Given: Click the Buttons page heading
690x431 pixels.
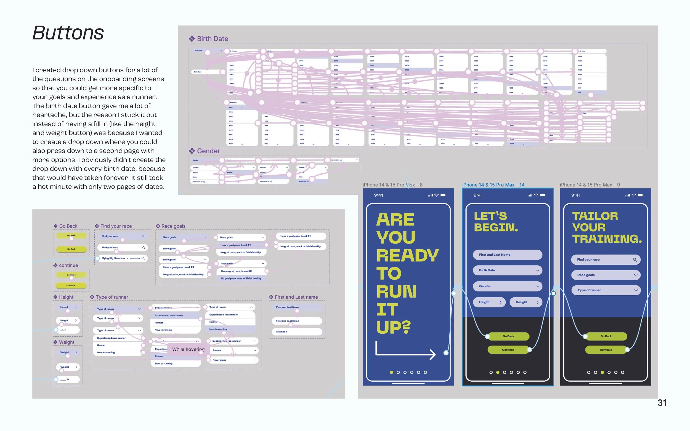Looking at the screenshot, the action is click(68, 33).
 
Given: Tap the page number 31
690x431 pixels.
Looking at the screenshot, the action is click(662, 403).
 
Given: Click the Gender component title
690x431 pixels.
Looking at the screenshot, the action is click(208, 151).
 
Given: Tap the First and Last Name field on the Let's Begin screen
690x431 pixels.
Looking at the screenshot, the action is click(507, 255).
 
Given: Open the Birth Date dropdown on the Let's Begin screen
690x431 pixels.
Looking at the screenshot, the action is click(507, 270).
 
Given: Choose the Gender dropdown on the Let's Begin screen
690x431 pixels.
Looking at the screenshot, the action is click(507, 286).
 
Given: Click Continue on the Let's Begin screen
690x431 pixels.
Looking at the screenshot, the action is click(508, 350).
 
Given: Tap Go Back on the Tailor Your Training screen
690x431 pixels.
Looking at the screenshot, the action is click(606, 336).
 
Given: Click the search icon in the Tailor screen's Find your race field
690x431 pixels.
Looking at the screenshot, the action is click(635, 260).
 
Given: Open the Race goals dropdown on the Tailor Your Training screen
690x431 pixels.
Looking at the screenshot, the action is click(606, 275).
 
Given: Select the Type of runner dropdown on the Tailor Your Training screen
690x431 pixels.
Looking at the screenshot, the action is click(606, 290).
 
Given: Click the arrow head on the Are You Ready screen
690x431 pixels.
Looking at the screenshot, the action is click(432, 355).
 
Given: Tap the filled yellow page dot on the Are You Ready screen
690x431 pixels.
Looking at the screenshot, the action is click(391, 372).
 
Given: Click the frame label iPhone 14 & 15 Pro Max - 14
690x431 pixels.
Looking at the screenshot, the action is click(493, 185).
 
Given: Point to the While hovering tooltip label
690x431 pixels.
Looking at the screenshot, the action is click(188, 349).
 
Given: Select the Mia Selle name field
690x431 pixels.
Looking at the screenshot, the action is click(295, 331).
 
